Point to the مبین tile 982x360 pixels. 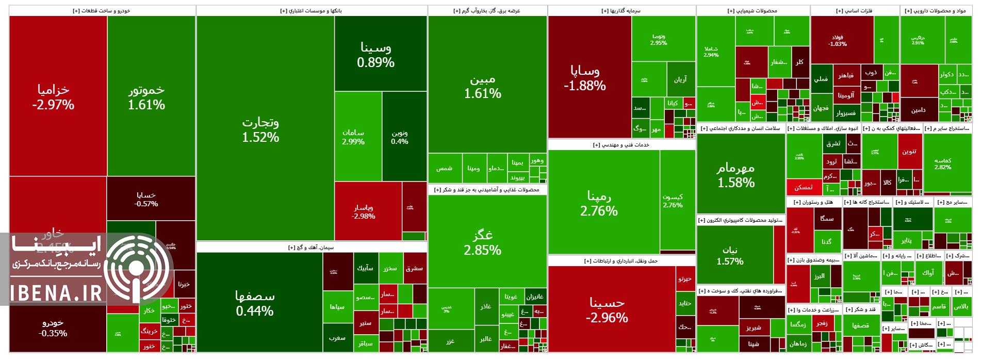point(487,85)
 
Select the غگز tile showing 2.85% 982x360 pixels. point(487,242)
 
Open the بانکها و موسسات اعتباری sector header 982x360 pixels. point(311,10)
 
